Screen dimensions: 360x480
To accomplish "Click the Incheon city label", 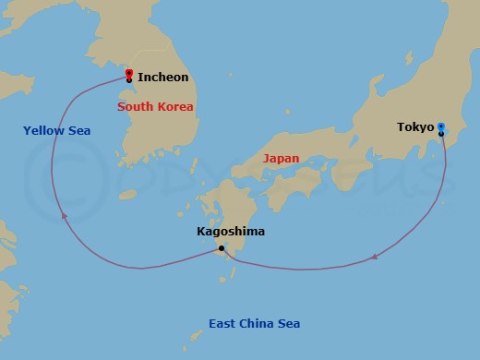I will pos(162,78).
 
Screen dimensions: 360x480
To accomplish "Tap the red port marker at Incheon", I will pos(128,72).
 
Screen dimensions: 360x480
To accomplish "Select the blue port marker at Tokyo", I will pos(441,126).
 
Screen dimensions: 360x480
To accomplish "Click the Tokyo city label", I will pos(415,126).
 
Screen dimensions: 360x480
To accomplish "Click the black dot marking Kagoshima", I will pos(221,247).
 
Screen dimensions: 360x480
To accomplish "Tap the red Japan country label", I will pos(281,158).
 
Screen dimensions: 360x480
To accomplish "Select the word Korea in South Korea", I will pos(174,107).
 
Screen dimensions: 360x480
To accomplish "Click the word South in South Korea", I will pos(135,107).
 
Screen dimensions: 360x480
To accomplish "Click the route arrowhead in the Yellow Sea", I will pos(63,215).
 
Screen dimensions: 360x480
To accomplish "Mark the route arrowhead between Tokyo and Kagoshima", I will pos(373,258).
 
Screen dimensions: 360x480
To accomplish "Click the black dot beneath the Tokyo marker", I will pos(441,134).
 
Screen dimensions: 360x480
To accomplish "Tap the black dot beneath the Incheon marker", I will pos(128,80).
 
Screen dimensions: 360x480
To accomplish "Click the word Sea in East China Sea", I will pos(290,323).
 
